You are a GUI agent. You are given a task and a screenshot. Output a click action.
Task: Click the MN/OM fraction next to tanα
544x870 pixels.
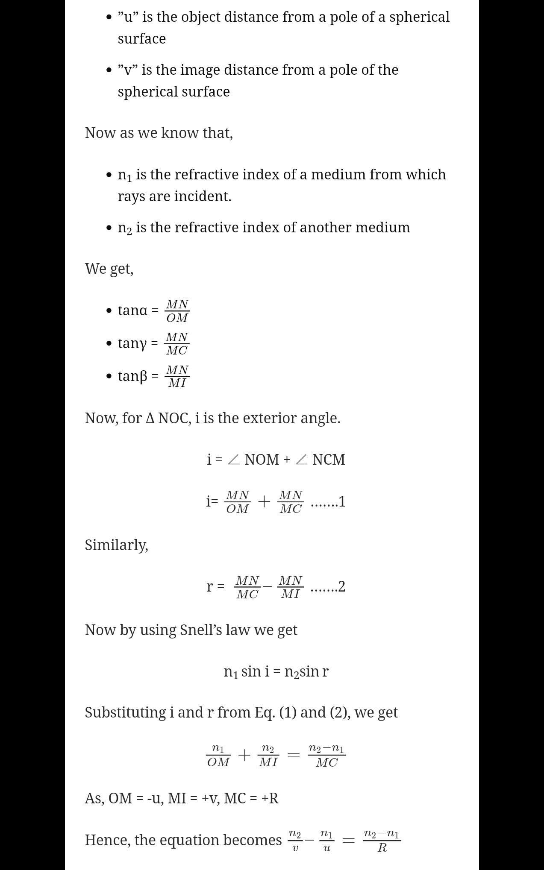(x=177, y=311)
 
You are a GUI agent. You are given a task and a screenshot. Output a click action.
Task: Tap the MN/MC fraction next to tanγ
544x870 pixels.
(x=177, y=343)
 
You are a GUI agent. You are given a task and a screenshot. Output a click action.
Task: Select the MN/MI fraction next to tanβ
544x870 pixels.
(x=177, y=376)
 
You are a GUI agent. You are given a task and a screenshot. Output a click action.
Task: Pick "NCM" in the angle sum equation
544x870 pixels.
(x=329, y=460)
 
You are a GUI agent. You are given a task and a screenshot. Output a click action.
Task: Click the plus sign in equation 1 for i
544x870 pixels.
(x=264, y=501)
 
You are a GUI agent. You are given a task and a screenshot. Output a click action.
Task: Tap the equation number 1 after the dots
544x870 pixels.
(x=341, y=502)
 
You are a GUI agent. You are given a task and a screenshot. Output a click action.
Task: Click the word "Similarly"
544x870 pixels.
(x=116, y=545)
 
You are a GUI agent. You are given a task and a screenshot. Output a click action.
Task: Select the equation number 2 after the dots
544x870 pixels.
(x=341, y=587)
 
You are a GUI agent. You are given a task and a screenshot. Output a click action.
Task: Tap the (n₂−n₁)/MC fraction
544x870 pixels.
(x=327, y=756)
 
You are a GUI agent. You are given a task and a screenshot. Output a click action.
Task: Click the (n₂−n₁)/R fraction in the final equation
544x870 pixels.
(x=382, y=841)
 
